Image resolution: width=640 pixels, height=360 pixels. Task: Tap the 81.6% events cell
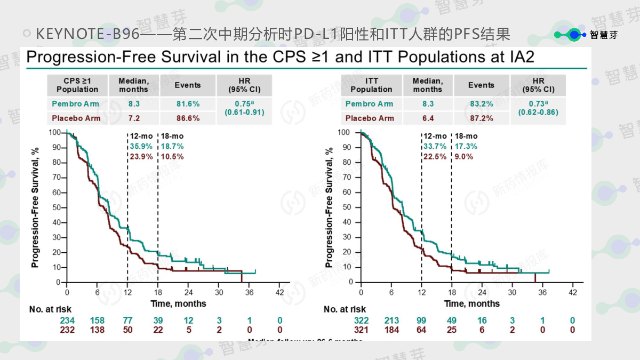[x=188, y=104]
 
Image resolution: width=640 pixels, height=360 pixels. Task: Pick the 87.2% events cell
[x=481, y=118]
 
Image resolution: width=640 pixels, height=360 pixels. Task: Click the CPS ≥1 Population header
[x=77, y=85]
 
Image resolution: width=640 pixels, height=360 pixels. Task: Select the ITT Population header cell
[x=371, y=85]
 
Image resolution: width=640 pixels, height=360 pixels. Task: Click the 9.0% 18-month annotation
[x=463, y=156]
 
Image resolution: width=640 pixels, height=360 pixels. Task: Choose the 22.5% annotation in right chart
[x=435, y=156]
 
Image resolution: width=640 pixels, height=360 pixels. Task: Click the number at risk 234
[x=67, y=321]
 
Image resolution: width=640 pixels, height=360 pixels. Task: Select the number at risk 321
[x=361, y=330]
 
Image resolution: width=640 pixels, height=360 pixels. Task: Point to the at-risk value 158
[x=97, y=321]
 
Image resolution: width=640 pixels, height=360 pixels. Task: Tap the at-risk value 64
[x=421, y=330]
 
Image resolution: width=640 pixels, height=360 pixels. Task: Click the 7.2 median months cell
[x=133, y=118]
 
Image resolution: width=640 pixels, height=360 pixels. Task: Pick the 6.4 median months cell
[x=427, y=118]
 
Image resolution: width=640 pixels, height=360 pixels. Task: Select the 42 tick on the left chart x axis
[x=279, y=292]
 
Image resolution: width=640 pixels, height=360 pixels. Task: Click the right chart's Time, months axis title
[x=472, y=303]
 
